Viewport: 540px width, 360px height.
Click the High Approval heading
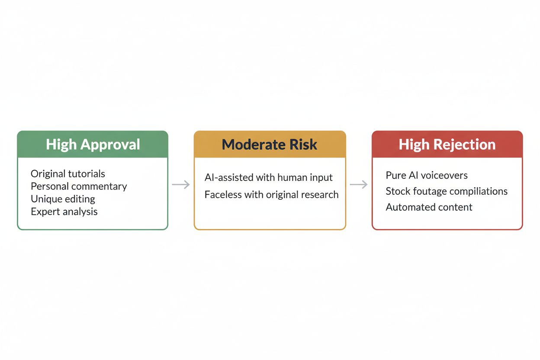pyautogui.click(x=93, y=145)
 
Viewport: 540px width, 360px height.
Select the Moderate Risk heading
pyautogui.click(x=270, y=145)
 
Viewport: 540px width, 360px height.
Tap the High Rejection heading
pyautogui.click(x=447, y=145)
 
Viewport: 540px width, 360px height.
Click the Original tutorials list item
pyautogui.click(x=67, y=174)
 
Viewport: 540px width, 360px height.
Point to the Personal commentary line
pyautogui.click(x=79, y=186)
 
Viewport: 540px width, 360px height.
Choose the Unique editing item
pyautogui.click(x=63, y=199)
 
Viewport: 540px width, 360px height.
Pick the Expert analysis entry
pyautogui.click(x=64, y=212)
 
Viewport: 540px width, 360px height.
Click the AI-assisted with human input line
pyautogui.click(x=268, y=177)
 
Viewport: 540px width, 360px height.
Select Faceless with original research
pyautogui.click(x=271, y=195)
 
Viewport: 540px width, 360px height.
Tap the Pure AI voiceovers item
pyautogui.click(x=427, y=176)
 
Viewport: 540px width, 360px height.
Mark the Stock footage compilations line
pyautogui.click(x=447, y=191)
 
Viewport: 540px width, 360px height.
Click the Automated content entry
pyautogui.click(x=429, y=207)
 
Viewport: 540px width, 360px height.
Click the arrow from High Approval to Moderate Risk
pyautogui.click(x=181, y=185)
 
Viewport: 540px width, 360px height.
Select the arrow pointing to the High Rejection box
pyautogui.click(x=359, y=185)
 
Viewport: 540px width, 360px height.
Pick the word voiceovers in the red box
pyautogui.click(x=446, y=176)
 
